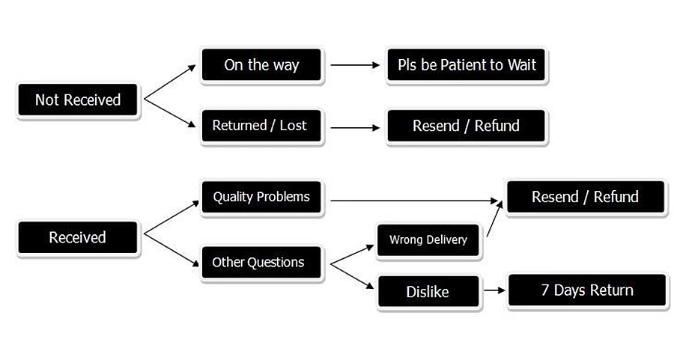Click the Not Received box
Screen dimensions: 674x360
pyautogui.click(x=78, y=100)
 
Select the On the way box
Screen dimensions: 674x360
pyautogui.click(x=261, y=65)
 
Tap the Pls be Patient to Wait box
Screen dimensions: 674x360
pyautogui.click(x=466, y=65)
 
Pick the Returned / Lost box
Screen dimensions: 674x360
pyautogui.click(x=261, y=126)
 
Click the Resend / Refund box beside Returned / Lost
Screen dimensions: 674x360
pyautogui.click(x=466, y=126)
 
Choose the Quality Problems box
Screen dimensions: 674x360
pyautogui.click(x=261, y=197)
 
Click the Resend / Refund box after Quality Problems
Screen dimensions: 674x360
pyautogui.click(x=586, y=197)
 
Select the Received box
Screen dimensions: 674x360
pyautogui.click(x=78, y=237)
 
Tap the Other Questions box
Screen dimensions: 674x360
pyautogui.click(x=261, y=262)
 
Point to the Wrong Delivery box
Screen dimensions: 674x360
pyautogui.click(x=428, y=240)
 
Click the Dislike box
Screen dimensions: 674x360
pyautogui.click(x=428, y=292)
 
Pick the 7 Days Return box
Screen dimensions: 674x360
pyautogui.click(x=586, y=290)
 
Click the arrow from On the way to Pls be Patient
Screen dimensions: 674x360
pyautogui.click(x=355, y=65)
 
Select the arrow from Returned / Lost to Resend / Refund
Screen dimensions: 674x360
pyautogui.click(x=355, y=127)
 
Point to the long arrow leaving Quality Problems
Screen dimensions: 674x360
pyautogui.click(x=414, y=201)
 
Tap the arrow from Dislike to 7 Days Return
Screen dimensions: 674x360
pyautogui.click(x=494, y=290)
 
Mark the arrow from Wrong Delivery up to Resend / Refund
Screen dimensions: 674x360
pyautogui.click(x=495, y=219)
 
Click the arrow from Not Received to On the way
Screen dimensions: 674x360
pyautogui.click(x=170, y=82)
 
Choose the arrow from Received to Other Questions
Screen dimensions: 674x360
pyautogui.click(x=171, y=250)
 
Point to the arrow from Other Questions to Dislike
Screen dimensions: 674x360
pyautogui.click(x=352, y=276)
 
